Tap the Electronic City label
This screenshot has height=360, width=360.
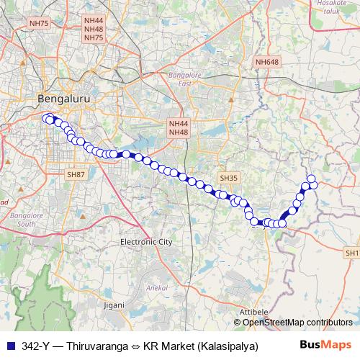click(147, 242)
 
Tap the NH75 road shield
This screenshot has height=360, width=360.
click(38, 24)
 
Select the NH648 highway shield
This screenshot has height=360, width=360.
click(266, 63)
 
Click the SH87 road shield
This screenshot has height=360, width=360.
click(75, 174)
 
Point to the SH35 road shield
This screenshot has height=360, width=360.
click(228, 177)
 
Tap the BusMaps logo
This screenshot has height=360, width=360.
click(325, 345)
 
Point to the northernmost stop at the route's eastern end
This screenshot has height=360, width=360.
click(311, 179)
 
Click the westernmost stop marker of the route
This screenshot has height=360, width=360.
click(46, 118)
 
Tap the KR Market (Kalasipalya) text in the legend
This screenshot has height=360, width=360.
click(200, 345)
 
